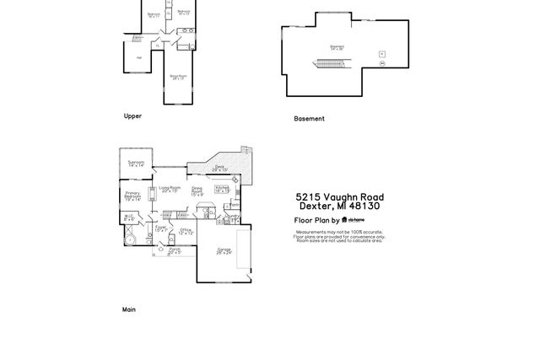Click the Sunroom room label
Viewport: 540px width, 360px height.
pos(136,164)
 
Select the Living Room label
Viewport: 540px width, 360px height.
pos(170,189)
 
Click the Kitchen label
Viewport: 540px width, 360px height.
pos(222,189)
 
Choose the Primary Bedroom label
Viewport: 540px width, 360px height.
pos(132,196)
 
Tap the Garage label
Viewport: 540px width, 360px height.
pos(224,250)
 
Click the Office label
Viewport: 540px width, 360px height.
pos(186,230)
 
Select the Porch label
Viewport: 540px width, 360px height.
pos(174,250)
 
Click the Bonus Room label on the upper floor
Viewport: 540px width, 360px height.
pos(177,77)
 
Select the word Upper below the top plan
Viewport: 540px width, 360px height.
pos(132,116)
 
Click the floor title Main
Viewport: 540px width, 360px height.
pos(129,309)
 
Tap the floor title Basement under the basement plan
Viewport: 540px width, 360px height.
pos(309,119)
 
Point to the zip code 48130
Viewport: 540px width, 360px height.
pos(366,206)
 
